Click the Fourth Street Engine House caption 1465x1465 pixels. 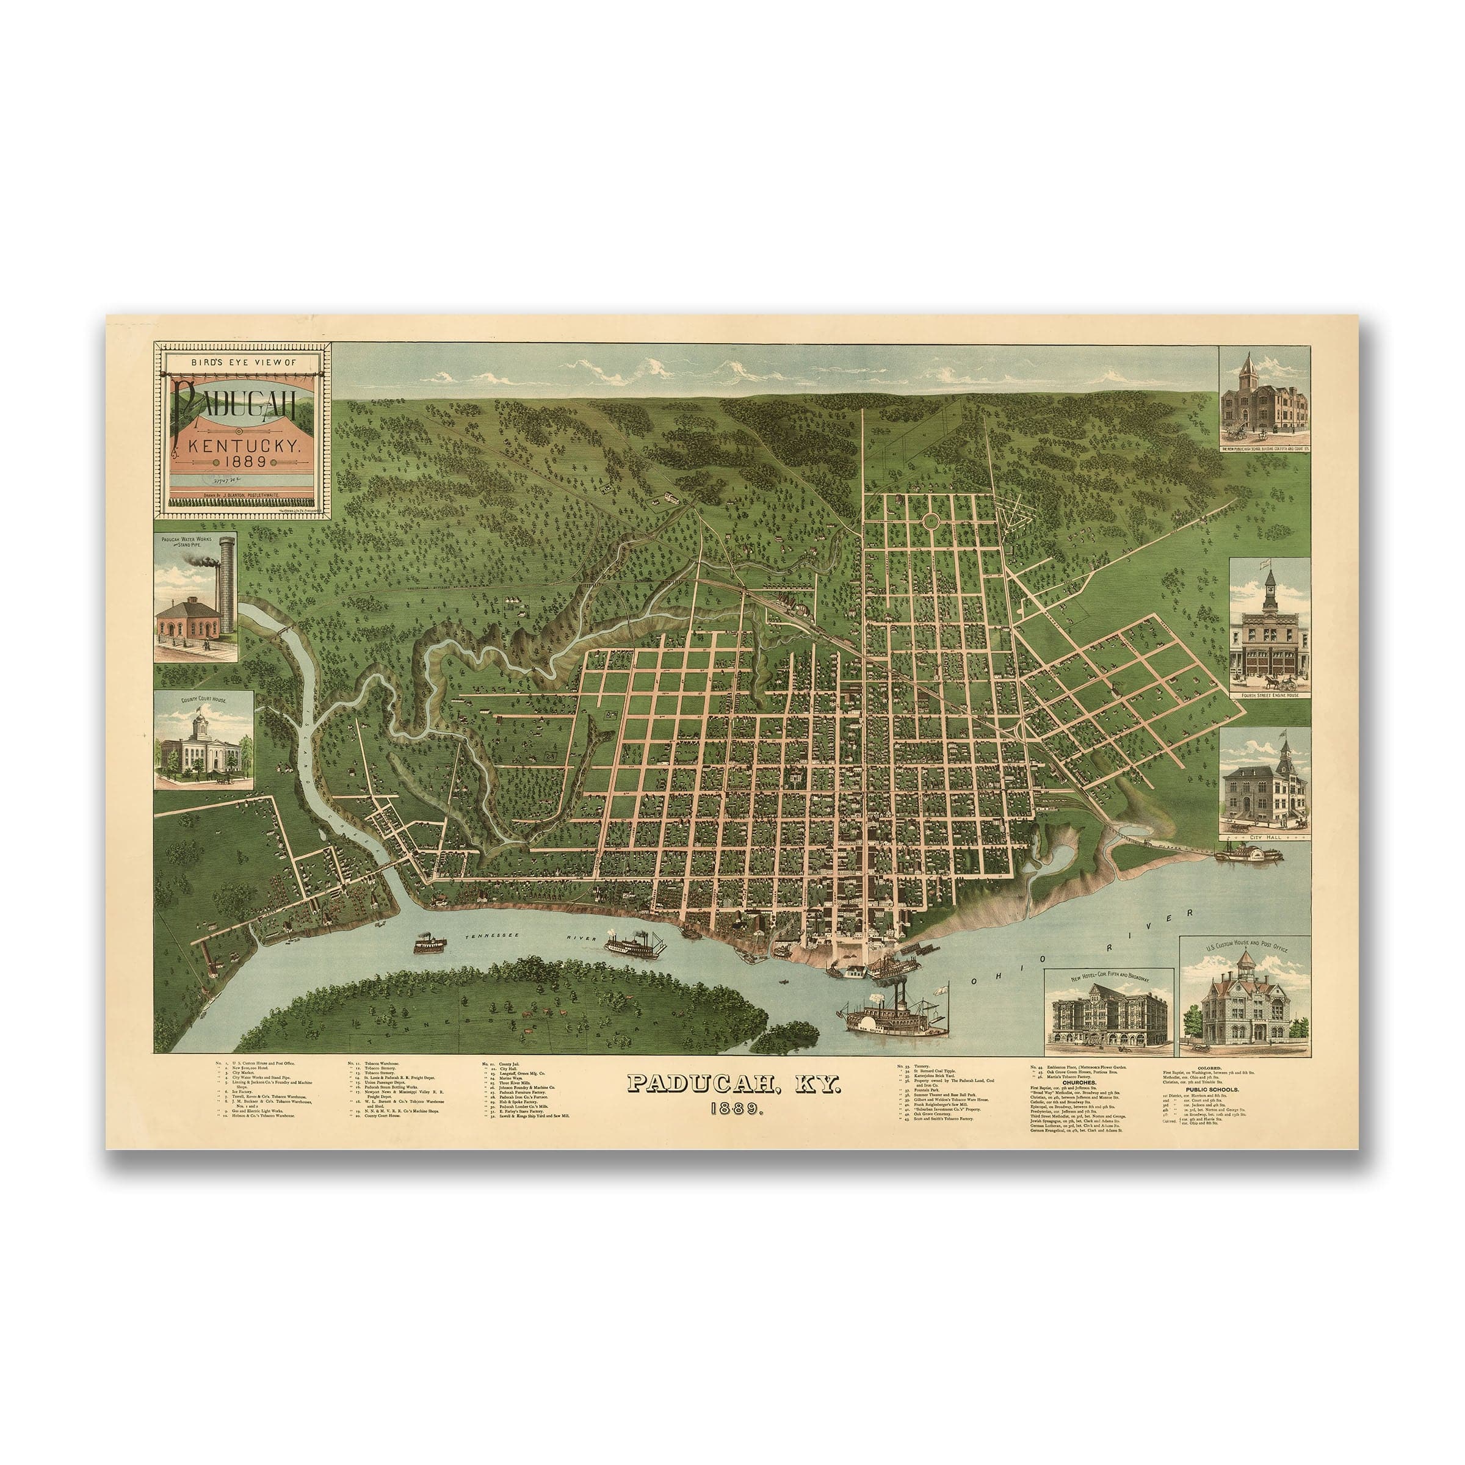(1270, 695)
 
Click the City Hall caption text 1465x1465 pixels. (1264, 836)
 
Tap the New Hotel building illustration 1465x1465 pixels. (1108, 1015)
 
